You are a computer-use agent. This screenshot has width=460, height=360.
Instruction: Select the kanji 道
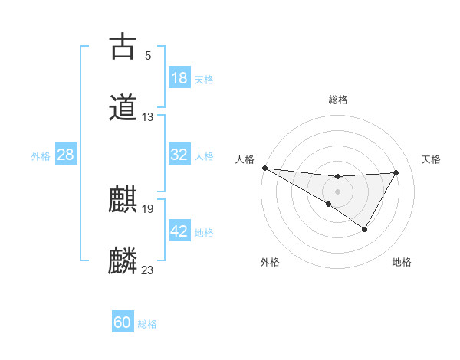123,107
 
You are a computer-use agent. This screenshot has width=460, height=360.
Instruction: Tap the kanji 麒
123,200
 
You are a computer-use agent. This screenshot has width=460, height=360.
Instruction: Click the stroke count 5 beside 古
148,55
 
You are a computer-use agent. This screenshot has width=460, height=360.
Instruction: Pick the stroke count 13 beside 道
148,117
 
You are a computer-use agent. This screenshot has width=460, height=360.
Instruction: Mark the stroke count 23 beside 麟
148,270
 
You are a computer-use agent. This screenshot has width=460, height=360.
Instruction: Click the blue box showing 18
179,78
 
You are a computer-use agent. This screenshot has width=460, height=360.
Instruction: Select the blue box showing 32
179,155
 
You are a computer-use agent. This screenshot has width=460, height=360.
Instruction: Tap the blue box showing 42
179,231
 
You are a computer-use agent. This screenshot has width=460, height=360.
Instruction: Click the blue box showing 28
66,155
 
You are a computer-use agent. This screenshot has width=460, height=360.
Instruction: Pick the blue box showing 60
123,322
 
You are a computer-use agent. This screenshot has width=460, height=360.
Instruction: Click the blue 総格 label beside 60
147,324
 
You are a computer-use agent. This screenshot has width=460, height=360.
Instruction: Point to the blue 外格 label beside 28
41,156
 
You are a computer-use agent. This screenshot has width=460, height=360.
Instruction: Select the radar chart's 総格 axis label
337,100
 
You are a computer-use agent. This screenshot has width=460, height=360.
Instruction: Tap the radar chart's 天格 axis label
432,159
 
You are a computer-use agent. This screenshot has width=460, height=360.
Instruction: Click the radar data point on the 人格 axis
264,167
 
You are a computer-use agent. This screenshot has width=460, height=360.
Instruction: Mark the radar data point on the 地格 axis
365,228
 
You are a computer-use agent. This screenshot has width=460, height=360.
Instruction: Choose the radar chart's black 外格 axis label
270,263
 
